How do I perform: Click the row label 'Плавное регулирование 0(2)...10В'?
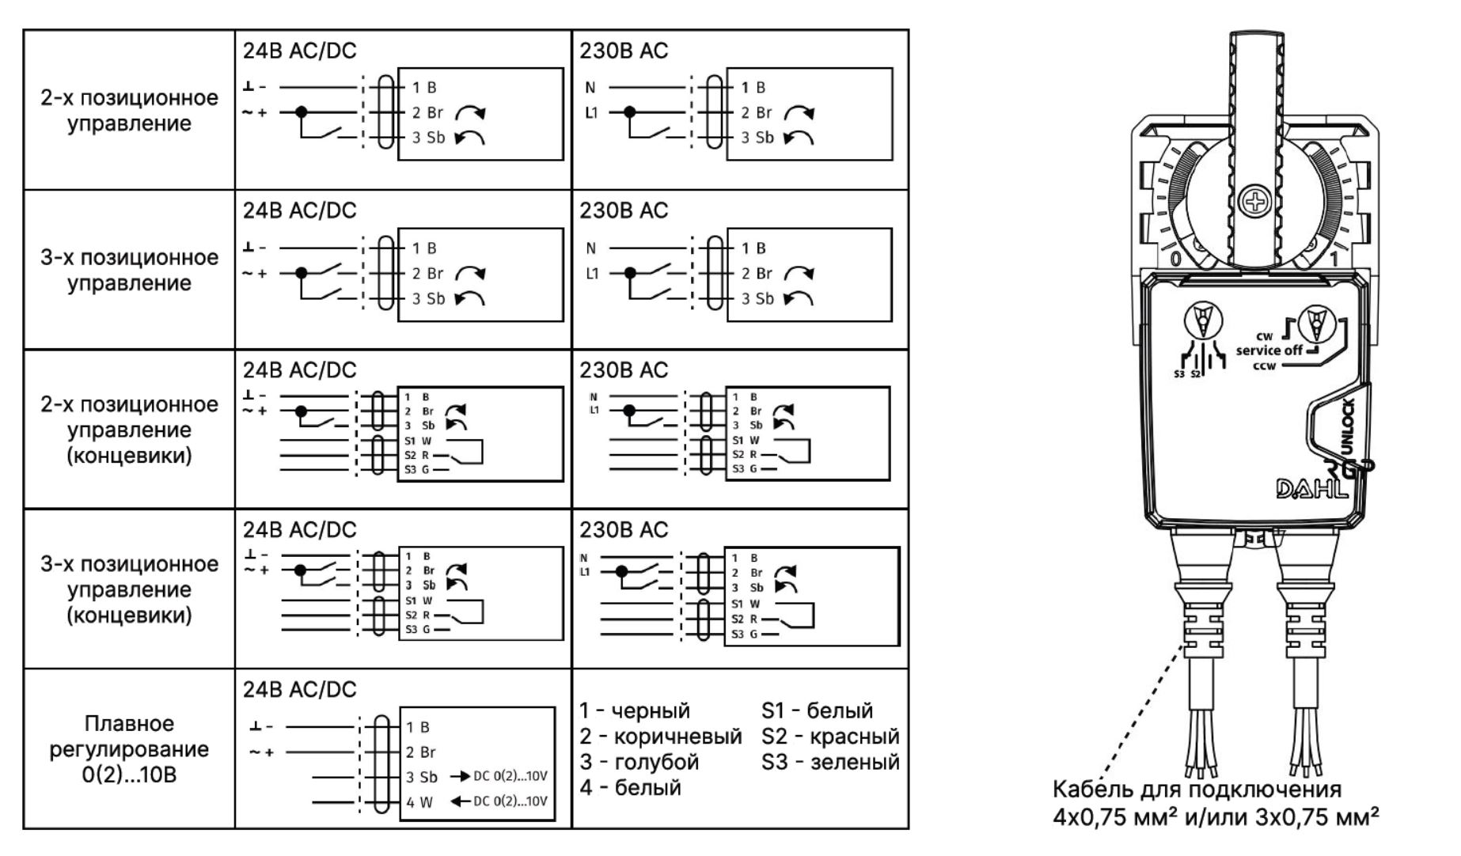coord(129,749)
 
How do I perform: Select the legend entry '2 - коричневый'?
coord(660,737)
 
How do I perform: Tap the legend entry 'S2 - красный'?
coord(830,737)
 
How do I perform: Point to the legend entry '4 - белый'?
coord(630,788)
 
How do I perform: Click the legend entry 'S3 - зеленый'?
coord(830,763)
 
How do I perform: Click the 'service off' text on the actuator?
coord(1269,350)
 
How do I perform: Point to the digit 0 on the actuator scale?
coord(1175,259)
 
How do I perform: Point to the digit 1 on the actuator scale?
coord(1334,259)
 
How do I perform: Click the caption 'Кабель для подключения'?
coord(1197,790)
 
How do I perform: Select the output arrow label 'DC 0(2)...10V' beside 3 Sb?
coord(510,776)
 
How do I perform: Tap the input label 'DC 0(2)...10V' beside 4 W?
coord(510,801)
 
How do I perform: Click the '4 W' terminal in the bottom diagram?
coord(419,802)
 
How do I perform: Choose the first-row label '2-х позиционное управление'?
coord(129,110)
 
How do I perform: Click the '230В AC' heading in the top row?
coord(624,51)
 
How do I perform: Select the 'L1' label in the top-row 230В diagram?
coord(591,112)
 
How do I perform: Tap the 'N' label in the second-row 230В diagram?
coord(590,248)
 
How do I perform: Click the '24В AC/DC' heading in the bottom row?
coord(299,689)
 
